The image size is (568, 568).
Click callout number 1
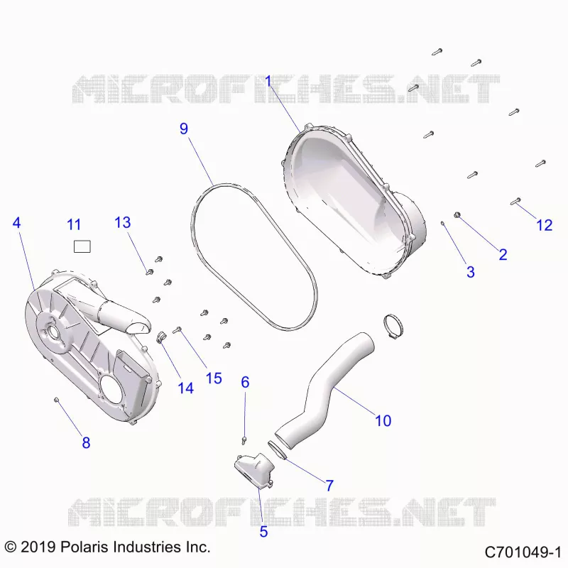(x=268, y=81)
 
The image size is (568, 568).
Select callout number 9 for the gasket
(x=184, y=129)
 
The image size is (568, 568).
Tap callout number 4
(x=16, y=222)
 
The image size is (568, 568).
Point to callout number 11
(x=74, y=225)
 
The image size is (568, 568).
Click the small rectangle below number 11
(x=82, y=246)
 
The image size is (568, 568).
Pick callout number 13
(x=122, y=222)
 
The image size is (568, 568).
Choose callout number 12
(x=544, y=225)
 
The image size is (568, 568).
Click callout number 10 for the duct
(x=383, y=420)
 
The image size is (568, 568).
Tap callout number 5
(x=263, y=531)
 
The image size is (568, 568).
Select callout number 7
(x=329, y=486)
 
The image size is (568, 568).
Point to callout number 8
(x=86, y=442)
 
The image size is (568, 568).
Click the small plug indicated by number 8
(x=56, y=399)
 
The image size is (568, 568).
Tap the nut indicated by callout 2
(x=457, y=215)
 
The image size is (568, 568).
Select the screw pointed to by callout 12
(x=515, y=201)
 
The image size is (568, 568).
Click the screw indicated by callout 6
(x=244, y=440)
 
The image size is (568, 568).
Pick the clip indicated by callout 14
(x=160, y=337)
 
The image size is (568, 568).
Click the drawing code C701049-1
(x=523, y=552)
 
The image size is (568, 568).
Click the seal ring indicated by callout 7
(x=278, y=450)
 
